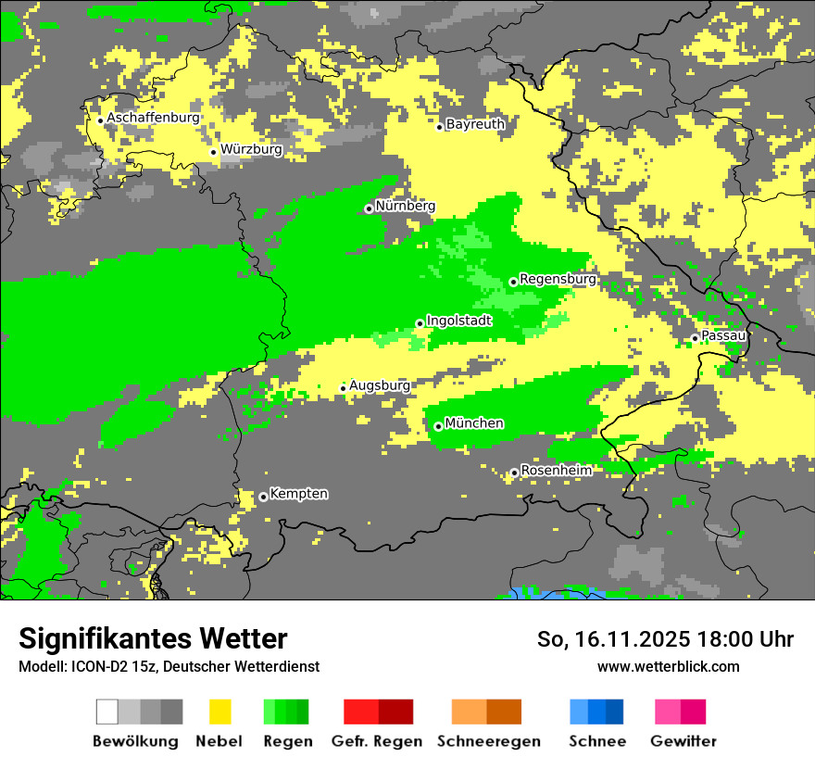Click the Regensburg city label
pyautogui.click(x=558, y=279)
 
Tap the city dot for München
pyautogui.click(x=438, y=426)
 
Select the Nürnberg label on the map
pyautogui.click(x=405, y=207)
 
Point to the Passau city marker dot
pyautogui.click(x=695, y=338)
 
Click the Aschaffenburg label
pyautogui.click(x=153, y=118)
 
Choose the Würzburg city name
pyautogui.click(x=251, y=149)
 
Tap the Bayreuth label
pyautogui.click(x=475, y=124)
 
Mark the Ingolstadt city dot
pyautogui.click(x=420, y=323)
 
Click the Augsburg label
pyautogui.click(x=380, y=385)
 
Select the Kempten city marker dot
pyautogui.click(x=263, y=497)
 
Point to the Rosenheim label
pyautogui.click(x=556, y=471)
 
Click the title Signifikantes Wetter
pyautogui.click(x=153, y=638)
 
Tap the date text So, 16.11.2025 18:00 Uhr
pyautogui.click(x=665, y=639)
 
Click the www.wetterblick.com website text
pyautogui.click(x=668, y=666)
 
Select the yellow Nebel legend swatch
pyautogui.click(x=219, y=712)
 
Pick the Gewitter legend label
pyautogui.click(x=683, y=741)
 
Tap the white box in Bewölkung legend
pyautogui.click(x=107, y=712)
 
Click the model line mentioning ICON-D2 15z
pyautogui.click(x=169, y=666)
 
